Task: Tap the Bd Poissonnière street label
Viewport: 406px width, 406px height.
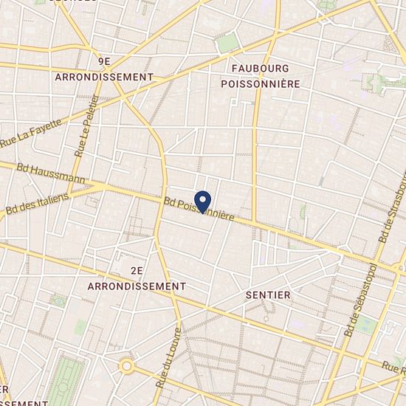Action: (199, 211)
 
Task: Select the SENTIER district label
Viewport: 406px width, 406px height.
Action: (267, 295)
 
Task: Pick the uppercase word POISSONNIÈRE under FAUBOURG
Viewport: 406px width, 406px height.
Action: (261, 84)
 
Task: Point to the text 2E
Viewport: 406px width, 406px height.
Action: (135, 272)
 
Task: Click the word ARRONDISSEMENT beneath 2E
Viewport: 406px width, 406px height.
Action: (137, 285)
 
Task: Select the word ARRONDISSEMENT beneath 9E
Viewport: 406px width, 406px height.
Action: (103, 77)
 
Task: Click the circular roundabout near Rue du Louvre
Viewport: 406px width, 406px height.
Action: (127, 365)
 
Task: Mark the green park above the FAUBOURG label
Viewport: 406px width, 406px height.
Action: (229, 41)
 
